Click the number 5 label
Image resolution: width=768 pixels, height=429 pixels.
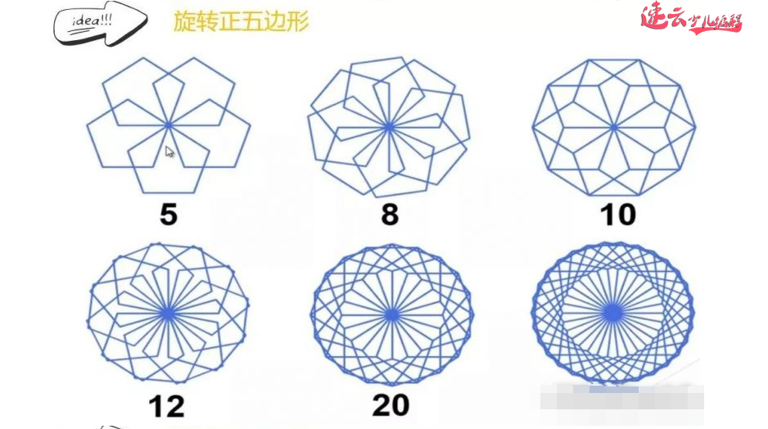(168, 214)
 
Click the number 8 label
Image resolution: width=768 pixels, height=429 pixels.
(390, 214)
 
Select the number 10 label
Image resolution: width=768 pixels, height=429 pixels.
(617, 214)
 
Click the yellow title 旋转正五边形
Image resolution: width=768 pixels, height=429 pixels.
(241, 22)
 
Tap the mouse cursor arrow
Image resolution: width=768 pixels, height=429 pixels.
(169, 151)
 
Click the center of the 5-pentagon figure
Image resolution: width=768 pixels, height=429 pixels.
(168, 125)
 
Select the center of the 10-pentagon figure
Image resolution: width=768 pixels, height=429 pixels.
(613, 127)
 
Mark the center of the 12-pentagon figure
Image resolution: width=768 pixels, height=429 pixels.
(168, 313)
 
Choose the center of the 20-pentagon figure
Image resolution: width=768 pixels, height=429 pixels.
(392, 314)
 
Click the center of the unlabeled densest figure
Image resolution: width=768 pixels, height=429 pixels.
(612, 313)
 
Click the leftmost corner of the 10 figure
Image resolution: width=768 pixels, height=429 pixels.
(533, 127)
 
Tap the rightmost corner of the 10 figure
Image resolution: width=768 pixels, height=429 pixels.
(695, 127)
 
